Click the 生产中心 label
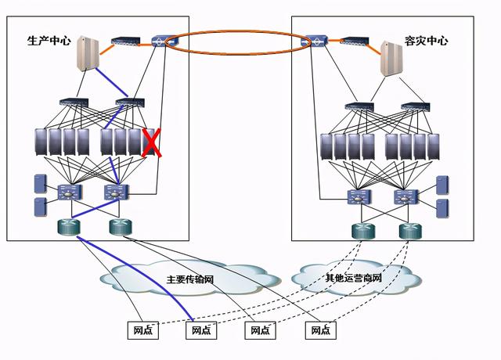[x=49, y=40]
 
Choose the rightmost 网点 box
[x=320, y=331]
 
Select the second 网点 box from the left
[x=201, y=331]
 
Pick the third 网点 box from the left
[x=261, y=331]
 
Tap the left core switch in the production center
[x=70, y=191]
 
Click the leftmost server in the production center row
[x=41, y=142]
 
